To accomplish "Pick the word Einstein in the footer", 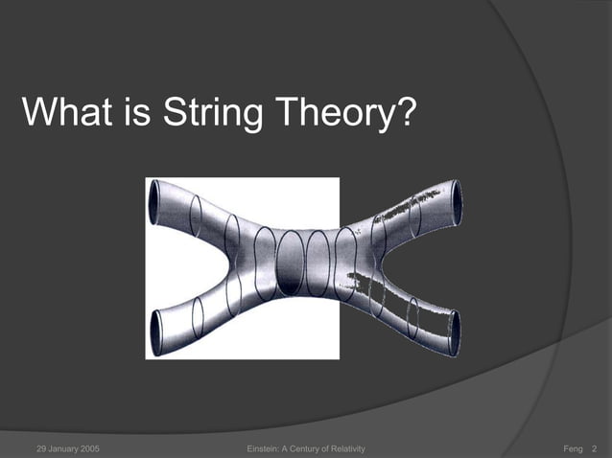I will tap(264, 449).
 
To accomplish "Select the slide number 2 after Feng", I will tap(596, 449).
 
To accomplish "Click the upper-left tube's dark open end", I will tap(153, 203).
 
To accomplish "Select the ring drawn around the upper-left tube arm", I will tap(196, 216).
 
